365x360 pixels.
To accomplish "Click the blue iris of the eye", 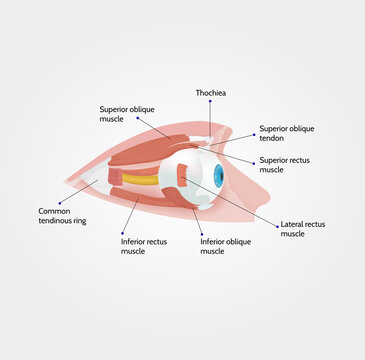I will [218, 177].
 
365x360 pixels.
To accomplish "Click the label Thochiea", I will [210, 93].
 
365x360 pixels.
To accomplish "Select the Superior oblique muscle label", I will [125, 114].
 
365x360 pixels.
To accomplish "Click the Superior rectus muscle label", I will [286, 165].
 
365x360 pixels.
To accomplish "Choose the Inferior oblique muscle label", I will [225, 246].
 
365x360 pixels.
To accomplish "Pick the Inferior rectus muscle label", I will [145, 246].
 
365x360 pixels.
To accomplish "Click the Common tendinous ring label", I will [62, 216].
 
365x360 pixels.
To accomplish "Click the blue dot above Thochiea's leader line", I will [210, 102].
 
